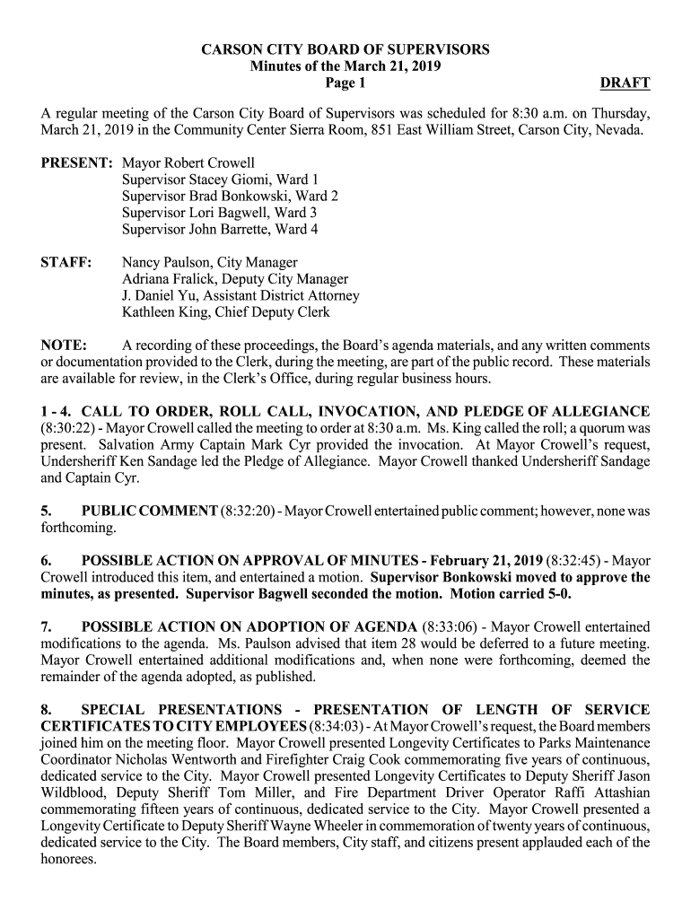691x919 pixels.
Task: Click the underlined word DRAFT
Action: (x=625, y=83)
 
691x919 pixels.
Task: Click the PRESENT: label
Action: (x=76, y=164)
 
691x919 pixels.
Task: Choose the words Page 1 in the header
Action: (x=345, y=83)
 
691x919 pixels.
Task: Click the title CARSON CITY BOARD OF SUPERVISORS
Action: (x=345, y=50)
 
